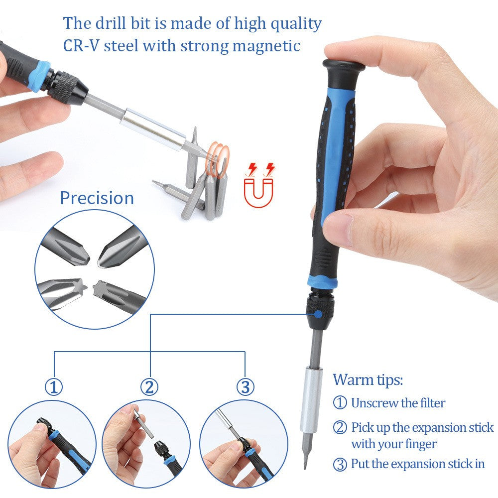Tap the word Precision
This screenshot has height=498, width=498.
pyautogui.click(x=97, y=198)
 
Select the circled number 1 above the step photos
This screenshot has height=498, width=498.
pyautogui.click(x=54, y=387)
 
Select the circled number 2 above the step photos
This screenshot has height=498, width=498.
pyautogui.click(x=149, y=387)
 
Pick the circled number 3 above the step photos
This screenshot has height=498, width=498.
pyautogui.click(x=245, y=387)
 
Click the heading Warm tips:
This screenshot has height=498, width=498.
pyautogui.click(x=368, y=380)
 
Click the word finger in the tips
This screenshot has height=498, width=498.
pyautogui.click(x=421, y=443)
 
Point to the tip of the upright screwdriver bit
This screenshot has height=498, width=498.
pyautogui.click(x=305, y=466)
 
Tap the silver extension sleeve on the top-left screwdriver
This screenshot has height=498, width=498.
pyautogui.click(x=151, y=131)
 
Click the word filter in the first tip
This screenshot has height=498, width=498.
pyautogui.click(x=431, y=403)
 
